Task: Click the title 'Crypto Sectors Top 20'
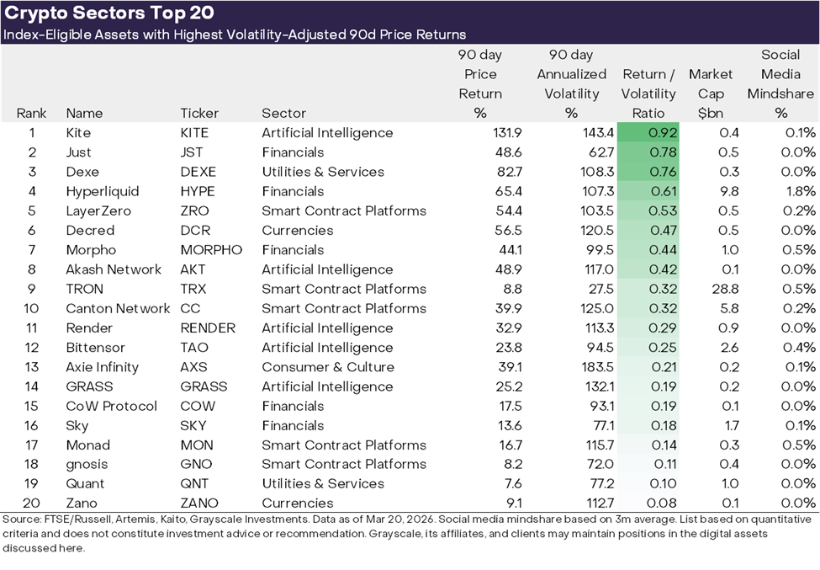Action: click(x=109, y=13)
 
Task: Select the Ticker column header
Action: click(x=199, y=113)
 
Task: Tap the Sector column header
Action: click(x=283, y=113)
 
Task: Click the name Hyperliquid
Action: click(x=103, y=191)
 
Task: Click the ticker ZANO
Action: click(x=198, y=503)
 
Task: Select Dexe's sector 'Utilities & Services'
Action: click(x=322, y=172)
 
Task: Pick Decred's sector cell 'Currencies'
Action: click(x=297, y=231)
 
